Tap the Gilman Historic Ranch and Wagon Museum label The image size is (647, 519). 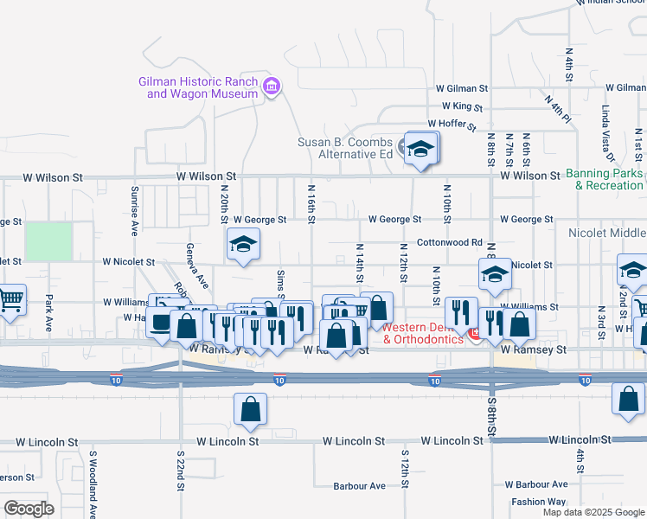(x=198, y=87)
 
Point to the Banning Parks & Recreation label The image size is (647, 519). (x=605, y=179)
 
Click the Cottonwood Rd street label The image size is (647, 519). (x=449, y=243)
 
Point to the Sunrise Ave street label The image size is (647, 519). (x=135, y=211)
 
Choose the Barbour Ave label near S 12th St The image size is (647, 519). (x=360, y=486)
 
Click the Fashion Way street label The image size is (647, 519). (x=538, y=502)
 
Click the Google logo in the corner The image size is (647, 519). (x=29, y=508)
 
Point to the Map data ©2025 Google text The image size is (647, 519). (x=593, y=512)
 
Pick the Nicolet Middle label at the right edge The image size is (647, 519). (x=607, y=234)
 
